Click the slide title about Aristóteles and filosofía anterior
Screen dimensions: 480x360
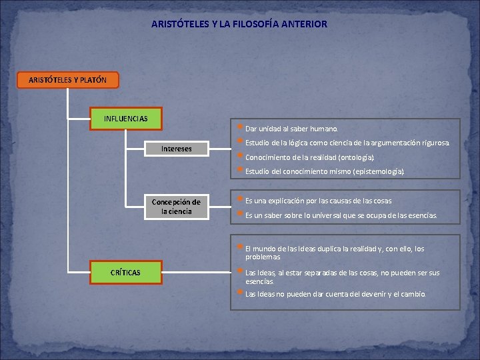click(x=239, y=24)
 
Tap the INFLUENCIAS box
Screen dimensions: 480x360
click(x=125, y=119)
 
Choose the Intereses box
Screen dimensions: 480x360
click(x=176, y=149)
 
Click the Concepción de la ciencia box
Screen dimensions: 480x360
click(x=176, y=206)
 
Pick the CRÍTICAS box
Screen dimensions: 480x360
click(x=125, y=272)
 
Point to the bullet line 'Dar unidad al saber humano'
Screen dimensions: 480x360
click(x=291, y=129)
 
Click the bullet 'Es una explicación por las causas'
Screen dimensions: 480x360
click(x=318, y=201)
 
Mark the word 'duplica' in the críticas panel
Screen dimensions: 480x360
click(x=321, y=249)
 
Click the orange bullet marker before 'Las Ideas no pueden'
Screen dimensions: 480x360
click(x=240, y=292)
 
